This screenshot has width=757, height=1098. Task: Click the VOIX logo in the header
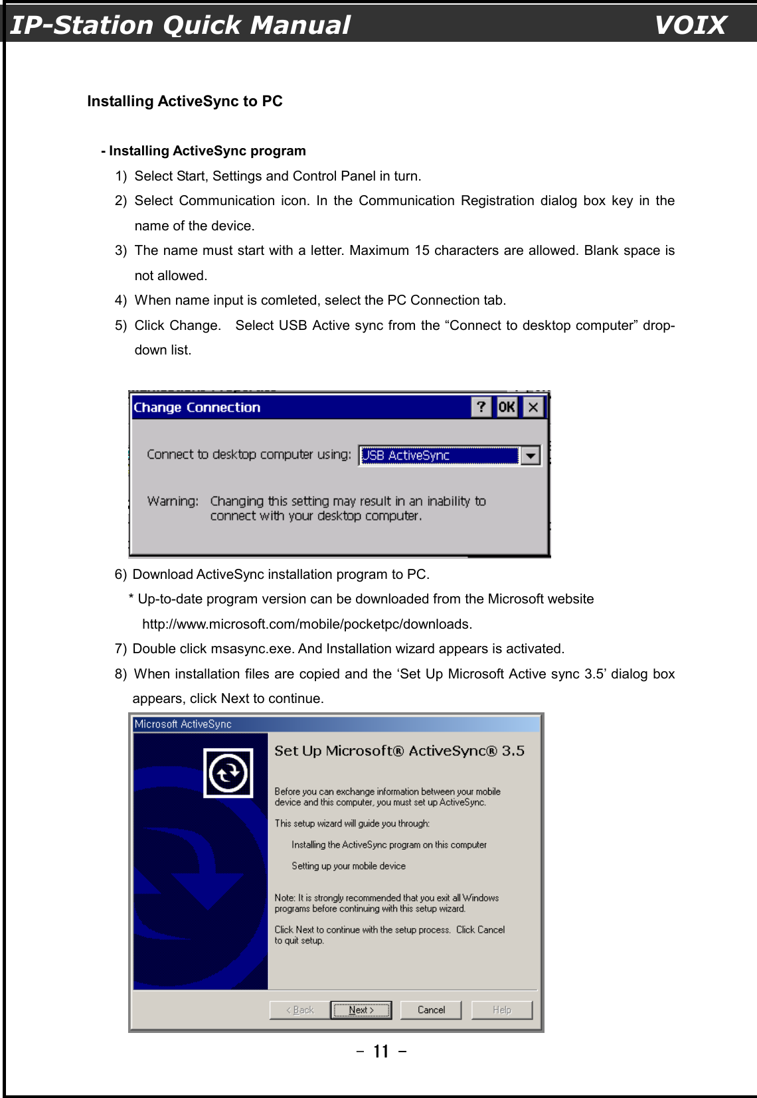point(690,25)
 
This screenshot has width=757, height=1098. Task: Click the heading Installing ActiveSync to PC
point(185,101)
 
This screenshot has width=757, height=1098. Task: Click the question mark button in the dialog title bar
point(481,407)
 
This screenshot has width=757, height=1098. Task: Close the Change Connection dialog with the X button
point(533,407)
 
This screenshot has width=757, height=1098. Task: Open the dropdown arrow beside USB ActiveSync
point(531,455)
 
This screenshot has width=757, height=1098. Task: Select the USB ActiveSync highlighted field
point(438,455)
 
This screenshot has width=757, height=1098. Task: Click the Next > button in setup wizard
point(361,1010)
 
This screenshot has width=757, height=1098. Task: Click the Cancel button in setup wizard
point(432,1010)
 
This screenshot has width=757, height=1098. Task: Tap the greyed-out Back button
point(299,1010)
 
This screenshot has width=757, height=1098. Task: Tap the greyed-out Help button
point(502,1010)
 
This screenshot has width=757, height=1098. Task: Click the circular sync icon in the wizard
point(228,773)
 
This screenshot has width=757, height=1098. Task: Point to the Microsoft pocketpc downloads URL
point(307,624)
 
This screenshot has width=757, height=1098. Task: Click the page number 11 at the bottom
point(381,1052)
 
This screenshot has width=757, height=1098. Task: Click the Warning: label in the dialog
point(173,501)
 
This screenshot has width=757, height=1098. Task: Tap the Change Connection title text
point(197,408)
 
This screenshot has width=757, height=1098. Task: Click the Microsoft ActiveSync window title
point(183,724)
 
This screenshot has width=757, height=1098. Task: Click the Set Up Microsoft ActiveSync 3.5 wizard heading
point(399,751)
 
